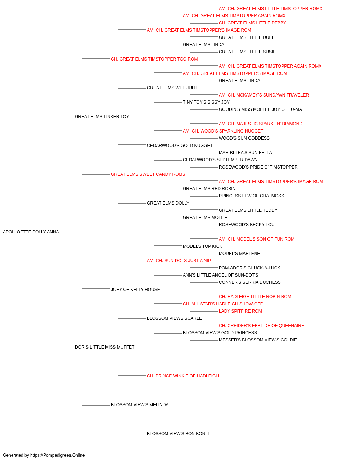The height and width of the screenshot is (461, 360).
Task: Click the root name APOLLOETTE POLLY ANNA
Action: pyautogui.click(x=31, y=232)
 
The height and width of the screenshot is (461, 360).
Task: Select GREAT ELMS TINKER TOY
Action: pyautogui.click(x=102, y=117)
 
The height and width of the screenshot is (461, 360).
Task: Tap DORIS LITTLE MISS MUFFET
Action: pyautogui.click(x=104, y=347)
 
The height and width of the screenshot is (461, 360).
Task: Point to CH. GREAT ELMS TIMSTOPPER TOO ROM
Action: pyautogui.click(x=154, y=59)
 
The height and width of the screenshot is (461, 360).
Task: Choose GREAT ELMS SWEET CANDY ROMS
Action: pyautogui.click(x=148, y=174)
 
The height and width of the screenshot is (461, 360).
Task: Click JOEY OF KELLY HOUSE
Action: pyautogui.click(x=135, y=290)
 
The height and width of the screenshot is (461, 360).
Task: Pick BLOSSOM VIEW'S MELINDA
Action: pyautogui.click(x=140, y=405)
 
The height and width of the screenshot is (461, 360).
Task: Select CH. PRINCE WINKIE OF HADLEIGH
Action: pyautogui.click(x=183, y=376)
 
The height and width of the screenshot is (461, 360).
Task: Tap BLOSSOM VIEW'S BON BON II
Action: pyautogui.click(x=178, y=434)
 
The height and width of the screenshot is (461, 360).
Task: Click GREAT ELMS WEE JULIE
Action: pyautogui.click(x=172, y=88)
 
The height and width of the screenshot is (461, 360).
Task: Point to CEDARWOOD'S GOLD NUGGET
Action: pyautogui.click(x=180, y=146)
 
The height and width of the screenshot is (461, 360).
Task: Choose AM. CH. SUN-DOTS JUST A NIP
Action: pyautogui.click(x=179, y=261)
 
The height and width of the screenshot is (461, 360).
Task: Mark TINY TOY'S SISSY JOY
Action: pyautogui.click(x=206, y=102)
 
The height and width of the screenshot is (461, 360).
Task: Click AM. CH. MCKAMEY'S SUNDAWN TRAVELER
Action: pyautogui.click(x=264, y=95)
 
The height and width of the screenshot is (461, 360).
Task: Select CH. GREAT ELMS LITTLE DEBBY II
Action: pyautogui.click(x=254, y=23)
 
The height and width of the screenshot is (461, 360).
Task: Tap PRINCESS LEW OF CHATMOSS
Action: pyautogui.click(x=251, y=196)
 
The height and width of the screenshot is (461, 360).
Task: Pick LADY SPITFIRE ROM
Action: pyautogui.click(x=240, y=311)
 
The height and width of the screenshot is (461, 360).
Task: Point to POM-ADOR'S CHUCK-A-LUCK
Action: pyautogui.click(x=249, y=268)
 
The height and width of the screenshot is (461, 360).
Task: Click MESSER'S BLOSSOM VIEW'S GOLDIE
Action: pyautogui.click(x=258, y=340)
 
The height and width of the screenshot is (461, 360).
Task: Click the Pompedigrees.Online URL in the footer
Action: pyautogui.click(x=57, y=455)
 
